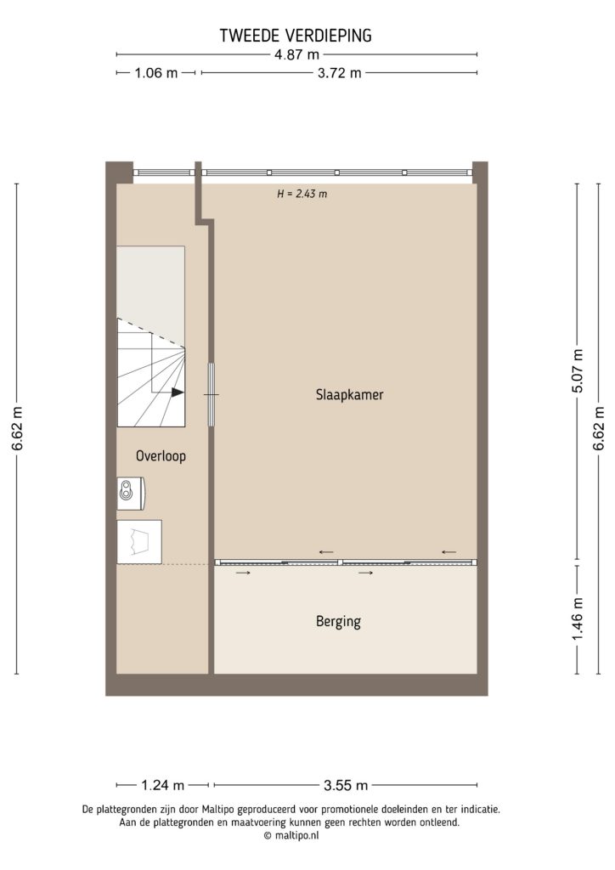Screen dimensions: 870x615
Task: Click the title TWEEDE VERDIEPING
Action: point(296,36)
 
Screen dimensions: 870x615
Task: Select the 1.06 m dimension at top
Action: point(156,73)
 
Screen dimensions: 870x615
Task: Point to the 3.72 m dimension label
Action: point(338,73)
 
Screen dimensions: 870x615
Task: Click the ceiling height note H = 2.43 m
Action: point(302,194)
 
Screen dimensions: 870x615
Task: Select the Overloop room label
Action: point(161,456)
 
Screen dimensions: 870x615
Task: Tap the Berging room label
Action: point(338,622)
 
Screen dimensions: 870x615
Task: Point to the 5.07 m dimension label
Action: point(578,372)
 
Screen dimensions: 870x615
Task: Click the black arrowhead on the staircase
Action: point(177,393)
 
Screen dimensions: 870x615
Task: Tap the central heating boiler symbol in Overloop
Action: point(130,490)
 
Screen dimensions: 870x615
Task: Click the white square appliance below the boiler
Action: point(138,540)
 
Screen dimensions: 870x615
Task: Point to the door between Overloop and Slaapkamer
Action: point(212,393)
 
